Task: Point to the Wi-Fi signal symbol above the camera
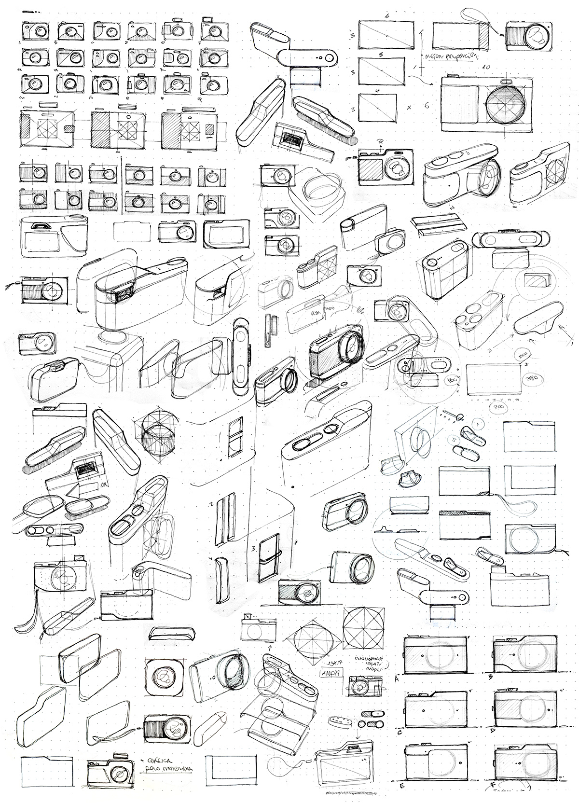point(380,142)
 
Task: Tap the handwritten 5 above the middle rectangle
point(381,55)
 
